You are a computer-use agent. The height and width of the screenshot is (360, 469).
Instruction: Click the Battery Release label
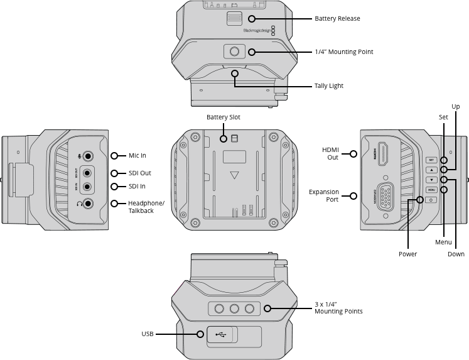point(337,19)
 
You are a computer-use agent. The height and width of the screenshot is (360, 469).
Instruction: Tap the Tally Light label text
point(328,85)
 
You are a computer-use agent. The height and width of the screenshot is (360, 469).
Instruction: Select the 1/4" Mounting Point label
point(343,52)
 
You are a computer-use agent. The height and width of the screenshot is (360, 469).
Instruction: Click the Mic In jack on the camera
point(88,156)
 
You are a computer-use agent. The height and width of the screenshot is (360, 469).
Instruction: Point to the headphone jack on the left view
point(88,203)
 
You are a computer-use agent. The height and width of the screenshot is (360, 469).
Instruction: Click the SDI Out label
point(139,173)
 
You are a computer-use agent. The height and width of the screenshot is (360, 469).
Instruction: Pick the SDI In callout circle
point(114,187)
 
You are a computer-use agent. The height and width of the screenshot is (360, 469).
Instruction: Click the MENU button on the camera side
point(431,189)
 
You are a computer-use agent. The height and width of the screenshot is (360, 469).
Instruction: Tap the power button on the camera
point(431,200)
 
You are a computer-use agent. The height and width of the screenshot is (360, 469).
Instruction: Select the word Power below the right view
point(407,254)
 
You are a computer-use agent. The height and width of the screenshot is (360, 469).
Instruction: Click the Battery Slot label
point(224,117)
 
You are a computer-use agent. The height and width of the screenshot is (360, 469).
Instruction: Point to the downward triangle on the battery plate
point(234,175)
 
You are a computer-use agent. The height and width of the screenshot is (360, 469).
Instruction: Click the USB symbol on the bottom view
point(220,334)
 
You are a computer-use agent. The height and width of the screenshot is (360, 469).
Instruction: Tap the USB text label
point(148,334)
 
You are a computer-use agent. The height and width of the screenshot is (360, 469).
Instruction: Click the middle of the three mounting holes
point(235,308)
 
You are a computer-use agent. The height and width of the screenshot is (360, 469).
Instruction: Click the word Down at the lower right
point(456,254)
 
